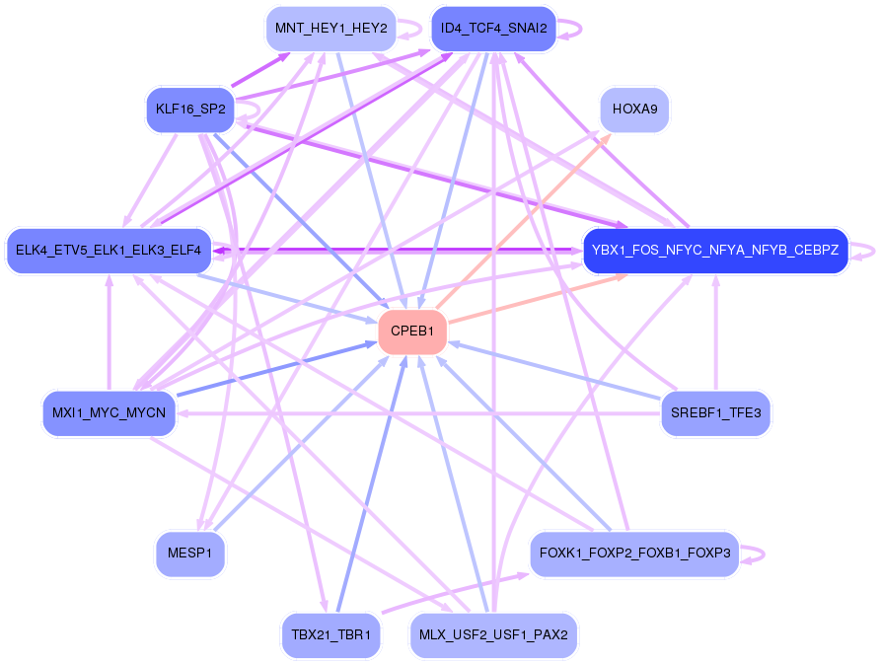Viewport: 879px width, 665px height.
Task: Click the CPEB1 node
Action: (x=412, y=332)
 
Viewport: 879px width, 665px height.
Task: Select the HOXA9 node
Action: (x=634, y=110)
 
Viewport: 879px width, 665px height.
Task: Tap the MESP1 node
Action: (x=190, y=554)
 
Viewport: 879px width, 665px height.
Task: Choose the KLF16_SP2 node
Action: (x=188, y=110)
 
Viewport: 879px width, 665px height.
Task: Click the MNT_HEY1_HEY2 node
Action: (x=330, y=29)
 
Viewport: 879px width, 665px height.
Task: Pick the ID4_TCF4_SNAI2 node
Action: (x=494, y=29)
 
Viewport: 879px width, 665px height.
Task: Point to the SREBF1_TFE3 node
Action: (x=715, y=412)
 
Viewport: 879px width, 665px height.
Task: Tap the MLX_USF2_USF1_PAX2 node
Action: (x=493, y=634)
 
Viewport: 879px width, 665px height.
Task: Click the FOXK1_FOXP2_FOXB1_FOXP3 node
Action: (x=634, y=554)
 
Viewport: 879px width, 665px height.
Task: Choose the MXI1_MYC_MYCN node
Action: (x=110, y=412)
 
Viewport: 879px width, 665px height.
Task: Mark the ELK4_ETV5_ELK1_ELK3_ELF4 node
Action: (x=109, y=251)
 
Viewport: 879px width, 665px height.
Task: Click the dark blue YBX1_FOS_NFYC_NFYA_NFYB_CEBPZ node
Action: (x=715, y=251)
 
